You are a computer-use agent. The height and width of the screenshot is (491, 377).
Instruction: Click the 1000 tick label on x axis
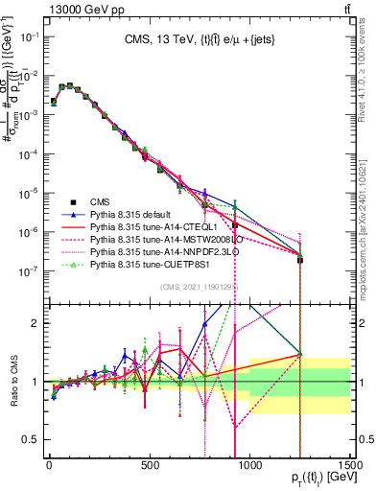pos(249,467)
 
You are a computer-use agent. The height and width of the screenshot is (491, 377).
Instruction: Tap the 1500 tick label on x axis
pos(349,467)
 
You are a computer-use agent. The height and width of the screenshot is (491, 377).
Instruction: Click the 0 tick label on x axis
pos(49,467)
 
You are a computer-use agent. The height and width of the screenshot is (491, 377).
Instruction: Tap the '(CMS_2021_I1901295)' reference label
pos(199,286)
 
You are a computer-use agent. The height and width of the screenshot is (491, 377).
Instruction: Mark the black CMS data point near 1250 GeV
pos(299,260)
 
